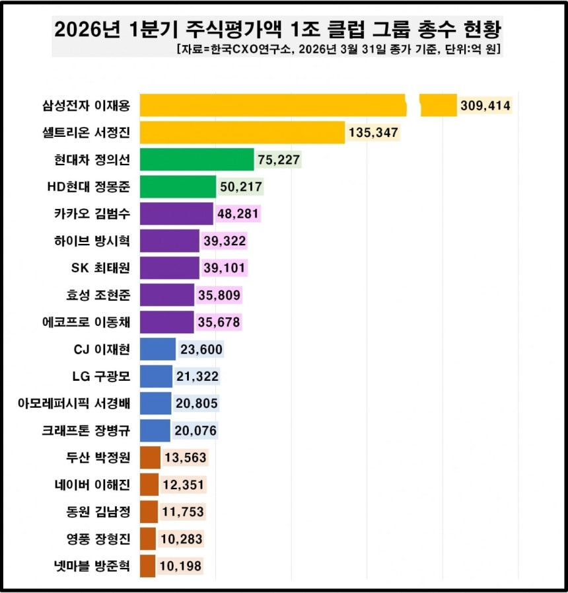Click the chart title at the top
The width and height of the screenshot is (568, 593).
[x=277, y=29]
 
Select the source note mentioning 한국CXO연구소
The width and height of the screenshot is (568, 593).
[x=338, y=50]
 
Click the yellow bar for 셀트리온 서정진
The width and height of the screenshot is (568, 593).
[x=242, y=133]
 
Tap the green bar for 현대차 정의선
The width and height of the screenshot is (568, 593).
[x=197, y=160]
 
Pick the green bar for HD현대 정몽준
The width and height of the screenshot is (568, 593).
[x=178, y=187]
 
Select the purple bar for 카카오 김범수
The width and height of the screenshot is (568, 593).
[x=176, y=214]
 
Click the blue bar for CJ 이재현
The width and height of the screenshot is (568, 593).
[x=158, y=349]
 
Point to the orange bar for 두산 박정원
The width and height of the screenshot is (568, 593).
[x=150, y=457]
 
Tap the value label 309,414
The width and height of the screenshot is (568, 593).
[x=485, y=106]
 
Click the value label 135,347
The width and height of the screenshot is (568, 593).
[x=373, y=133]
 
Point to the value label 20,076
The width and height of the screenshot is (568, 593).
[x=195, y=430]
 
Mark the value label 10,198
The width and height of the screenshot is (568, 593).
[x=180, y=565]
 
